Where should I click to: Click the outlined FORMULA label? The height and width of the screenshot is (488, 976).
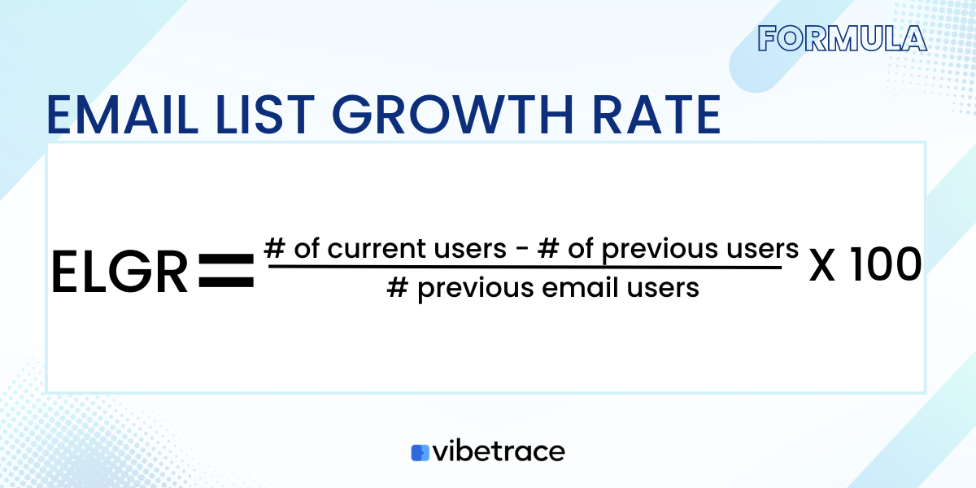(x=842, y=38)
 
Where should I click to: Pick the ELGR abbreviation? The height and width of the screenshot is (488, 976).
(x=120, y=272)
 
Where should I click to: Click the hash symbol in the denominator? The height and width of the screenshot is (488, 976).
(x=397, y=287)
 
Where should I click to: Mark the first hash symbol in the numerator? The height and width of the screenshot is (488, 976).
(x=273, y=249)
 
